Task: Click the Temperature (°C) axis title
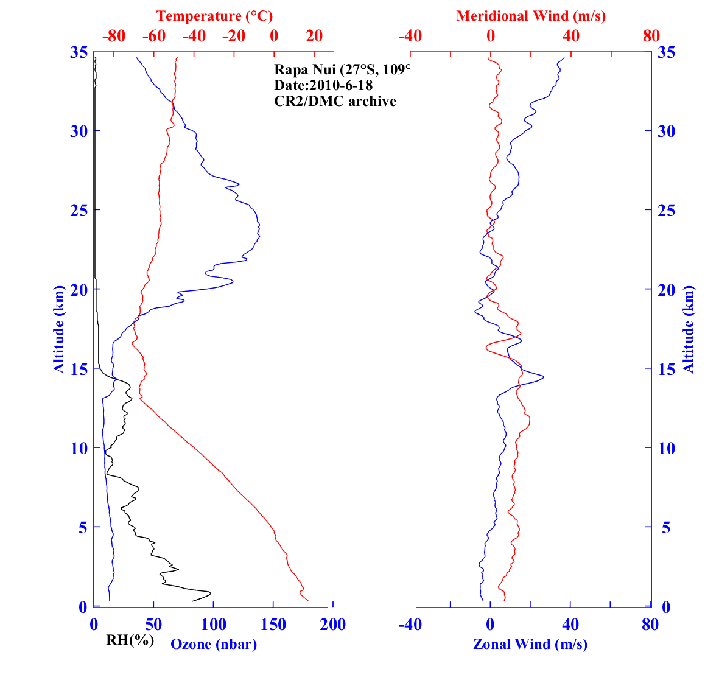214,16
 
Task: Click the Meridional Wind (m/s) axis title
531,16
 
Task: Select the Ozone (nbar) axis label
214,644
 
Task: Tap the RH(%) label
130,640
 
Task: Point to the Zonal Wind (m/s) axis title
530,644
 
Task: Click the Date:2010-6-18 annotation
323,85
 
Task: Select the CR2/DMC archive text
335,101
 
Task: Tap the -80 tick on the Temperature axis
114,36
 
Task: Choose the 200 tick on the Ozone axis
333,625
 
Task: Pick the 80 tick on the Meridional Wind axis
651,36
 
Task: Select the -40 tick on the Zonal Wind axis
410,625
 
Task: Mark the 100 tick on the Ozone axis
213,625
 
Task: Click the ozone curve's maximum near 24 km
260,228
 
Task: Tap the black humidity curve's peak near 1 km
211,592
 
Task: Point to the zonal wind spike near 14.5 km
543,377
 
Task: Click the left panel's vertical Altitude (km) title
59,329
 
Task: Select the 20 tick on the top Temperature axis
314,36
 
